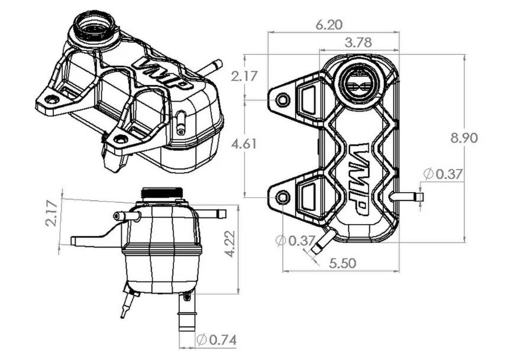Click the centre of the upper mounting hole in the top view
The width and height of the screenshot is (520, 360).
(x=283, y=100)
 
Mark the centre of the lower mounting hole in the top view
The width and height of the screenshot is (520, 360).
(x=283, y=197)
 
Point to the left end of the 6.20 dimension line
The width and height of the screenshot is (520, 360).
(x=268, y=32)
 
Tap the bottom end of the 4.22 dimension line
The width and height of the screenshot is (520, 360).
(x=238, y=293)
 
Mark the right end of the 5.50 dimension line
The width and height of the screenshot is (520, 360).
(x=399, y=271)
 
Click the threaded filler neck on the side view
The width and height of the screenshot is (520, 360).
(x=162, y=193)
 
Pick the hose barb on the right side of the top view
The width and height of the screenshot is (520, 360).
(x=407, y=197)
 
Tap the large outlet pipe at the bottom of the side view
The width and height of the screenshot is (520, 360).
(x=187, y=313)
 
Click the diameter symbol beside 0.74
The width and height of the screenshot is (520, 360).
(x=201, y=340)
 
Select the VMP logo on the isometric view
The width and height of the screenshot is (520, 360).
(x=162, y=75)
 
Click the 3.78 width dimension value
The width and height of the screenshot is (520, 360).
(x=358, y=43)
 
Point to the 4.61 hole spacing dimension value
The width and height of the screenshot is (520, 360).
(x=244, y=144)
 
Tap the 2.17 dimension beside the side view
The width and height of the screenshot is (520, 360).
(x=52, y=213)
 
